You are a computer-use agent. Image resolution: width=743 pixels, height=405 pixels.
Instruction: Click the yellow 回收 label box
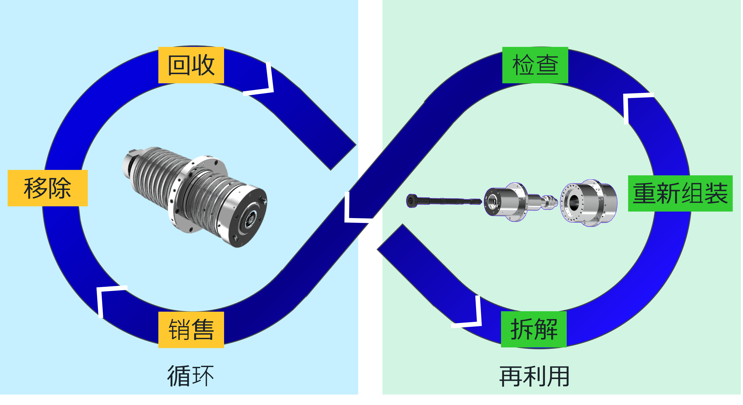click(x=191, y=65)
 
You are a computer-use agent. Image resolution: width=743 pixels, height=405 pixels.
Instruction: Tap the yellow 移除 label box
click(x=48, y=188)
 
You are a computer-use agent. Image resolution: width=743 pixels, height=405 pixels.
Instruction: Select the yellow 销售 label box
click(x=191, y=330)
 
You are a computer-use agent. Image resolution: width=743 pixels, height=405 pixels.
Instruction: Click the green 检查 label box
click(x=535, y=65)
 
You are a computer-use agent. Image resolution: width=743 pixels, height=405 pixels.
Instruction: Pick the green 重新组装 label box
click(x=680, y=193)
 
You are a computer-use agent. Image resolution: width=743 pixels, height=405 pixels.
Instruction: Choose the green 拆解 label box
click(x=534, y=329)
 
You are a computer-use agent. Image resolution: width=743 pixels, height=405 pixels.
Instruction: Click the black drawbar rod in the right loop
click(x=444, y=201)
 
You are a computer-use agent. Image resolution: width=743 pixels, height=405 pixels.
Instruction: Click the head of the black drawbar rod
click(x=411, y=201)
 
